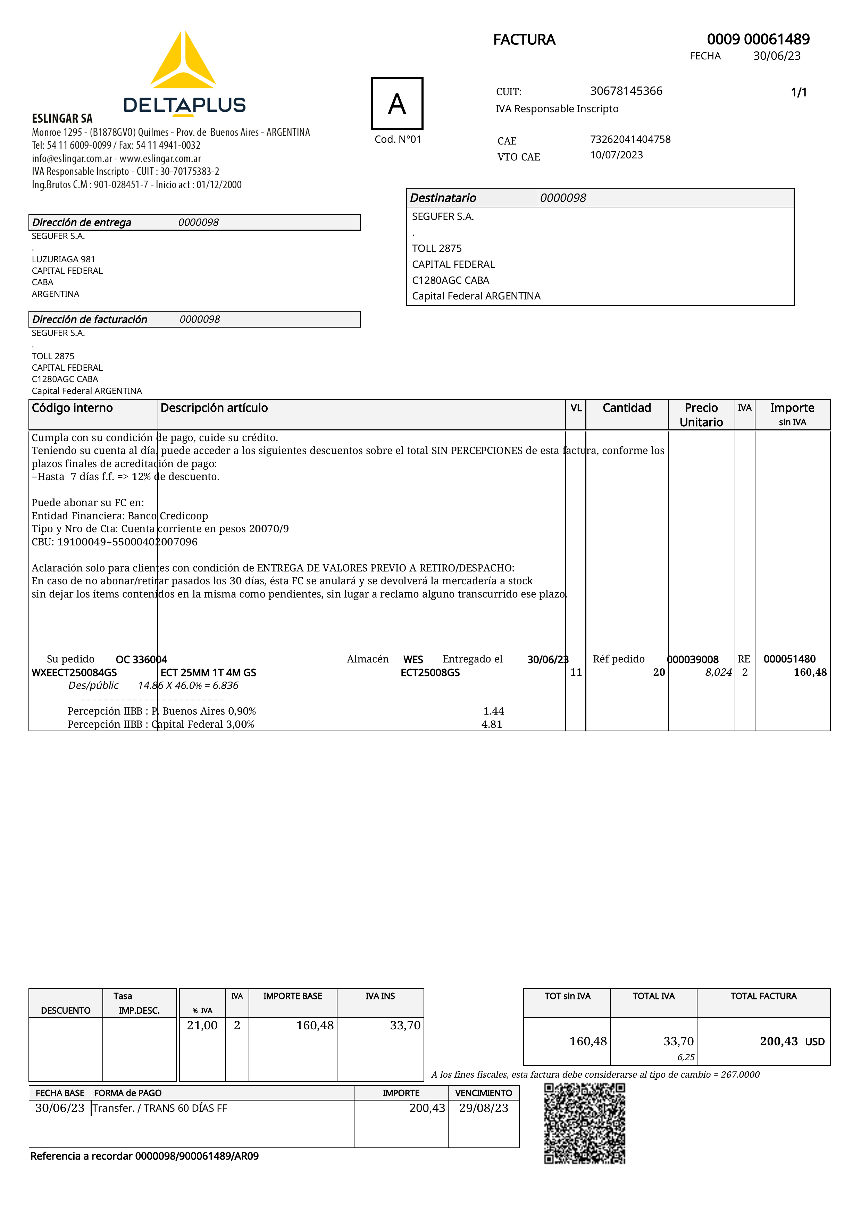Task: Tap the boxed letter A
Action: pos(397,104)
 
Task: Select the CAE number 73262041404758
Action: pos(630,139)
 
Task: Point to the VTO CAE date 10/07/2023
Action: pos(617,155)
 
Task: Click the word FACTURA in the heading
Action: pos(524,40)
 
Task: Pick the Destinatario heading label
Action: pos(443,198)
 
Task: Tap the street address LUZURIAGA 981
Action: pos(63,259)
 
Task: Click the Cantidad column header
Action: pos(627,408)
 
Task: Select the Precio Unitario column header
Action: pos(701,415)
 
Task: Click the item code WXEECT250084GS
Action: pos(74,673)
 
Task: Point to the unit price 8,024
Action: pos(718,673)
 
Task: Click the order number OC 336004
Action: pos(141,659)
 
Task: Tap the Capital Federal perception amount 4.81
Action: pos(492,724)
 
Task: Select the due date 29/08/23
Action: pos(483,1108)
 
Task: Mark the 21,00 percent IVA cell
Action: pos(202,1025)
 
